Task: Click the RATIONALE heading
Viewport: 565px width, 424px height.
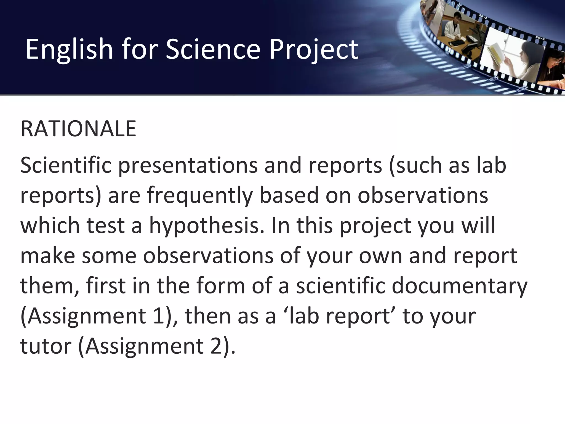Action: click(x=78, y=129)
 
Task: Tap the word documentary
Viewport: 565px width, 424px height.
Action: click(x=459, y=286)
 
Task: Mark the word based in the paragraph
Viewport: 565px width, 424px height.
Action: click(x=289, y=195)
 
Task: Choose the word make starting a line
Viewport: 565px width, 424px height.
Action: click(x=47, y=256)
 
